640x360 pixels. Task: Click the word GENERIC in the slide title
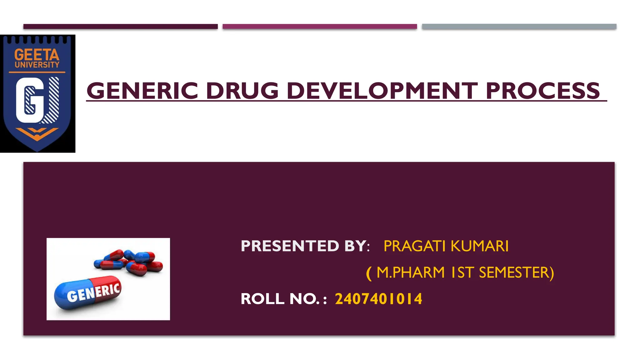[x=142, y=91]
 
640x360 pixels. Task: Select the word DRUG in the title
[x=242, y=91]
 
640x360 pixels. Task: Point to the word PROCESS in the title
[x=542, y=91]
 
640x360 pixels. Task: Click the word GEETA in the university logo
[x=37, y=55]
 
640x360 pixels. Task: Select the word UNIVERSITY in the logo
[x=37, y=65]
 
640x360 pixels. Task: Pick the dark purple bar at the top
[x=120, y=27]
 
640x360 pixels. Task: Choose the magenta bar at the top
[x=320, y=27]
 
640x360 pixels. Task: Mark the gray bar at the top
[x=519, y=27]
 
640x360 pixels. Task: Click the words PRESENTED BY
[x=303, y=246]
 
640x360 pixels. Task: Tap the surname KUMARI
[x=479, y=246]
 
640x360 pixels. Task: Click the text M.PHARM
[x=410, y=272]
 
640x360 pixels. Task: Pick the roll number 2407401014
[x=378, y=299]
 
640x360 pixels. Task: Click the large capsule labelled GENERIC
[x=87, y=292]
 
